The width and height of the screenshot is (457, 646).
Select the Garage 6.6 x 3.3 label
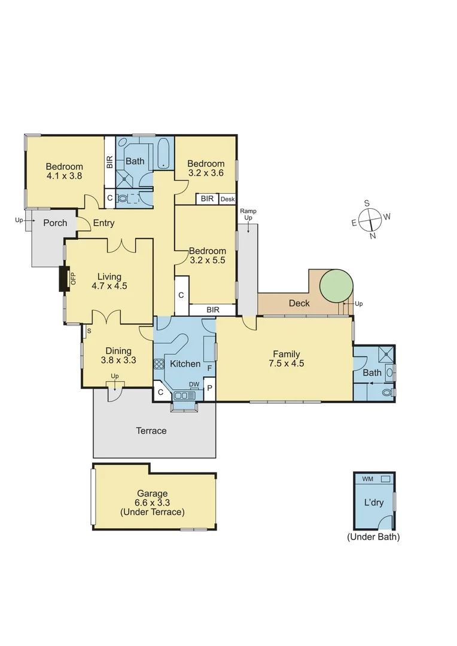pos(152,502)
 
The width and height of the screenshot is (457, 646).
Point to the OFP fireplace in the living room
pos(63,278)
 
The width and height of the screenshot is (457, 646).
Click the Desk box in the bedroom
pos(227,199)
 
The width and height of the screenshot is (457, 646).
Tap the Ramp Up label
pos(247,214)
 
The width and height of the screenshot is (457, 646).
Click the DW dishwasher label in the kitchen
pos(194,385)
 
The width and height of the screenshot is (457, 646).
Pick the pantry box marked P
pos(209,389)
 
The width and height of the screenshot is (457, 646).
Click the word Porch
pos(55,223)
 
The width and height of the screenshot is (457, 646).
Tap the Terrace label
pos(151,431)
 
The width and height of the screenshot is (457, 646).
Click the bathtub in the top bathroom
pos(164,154)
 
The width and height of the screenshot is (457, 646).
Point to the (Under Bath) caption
pos(373,537)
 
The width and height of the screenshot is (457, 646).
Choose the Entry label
pos(103,223)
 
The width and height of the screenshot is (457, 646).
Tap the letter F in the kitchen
pos(209,368)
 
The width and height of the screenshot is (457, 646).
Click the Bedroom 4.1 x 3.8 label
pos(64,171)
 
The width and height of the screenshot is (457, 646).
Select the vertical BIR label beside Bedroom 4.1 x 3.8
pos(109,162)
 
